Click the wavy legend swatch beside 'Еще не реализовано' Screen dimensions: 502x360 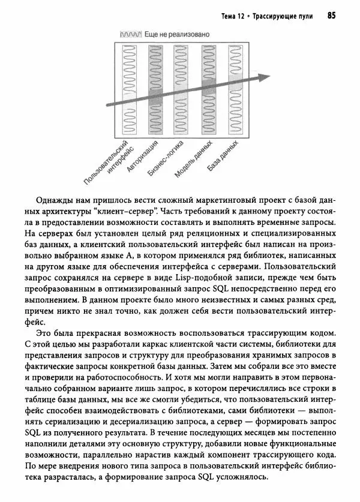(x=131, y=35)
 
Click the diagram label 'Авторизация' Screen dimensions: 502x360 (x=143, y=157)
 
